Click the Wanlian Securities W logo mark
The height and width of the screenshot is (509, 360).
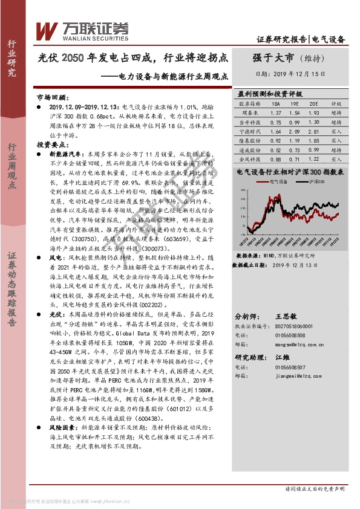47,30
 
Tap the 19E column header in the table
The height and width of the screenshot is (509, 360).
295,104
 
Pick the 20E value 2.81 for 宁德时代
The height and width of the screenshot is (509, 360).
313,131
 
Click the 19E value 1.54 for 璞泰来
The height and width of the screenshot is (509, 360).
295,113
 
